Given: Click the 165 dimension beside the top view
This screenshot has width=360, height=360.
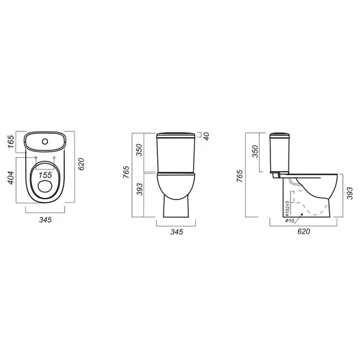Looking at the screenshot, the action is click(11, 141).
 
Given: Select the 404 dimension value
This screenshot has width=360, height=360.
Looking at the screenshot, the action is click(11, 177).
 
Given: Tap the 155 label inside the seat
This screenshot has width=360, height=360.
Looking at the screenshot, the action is click(45, 175).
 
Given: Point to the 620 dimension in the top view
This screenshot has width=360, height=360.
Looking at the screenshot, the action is click(81, 164).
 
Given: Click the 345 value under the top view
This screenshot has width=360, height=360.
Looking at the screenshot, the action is click(45, 220).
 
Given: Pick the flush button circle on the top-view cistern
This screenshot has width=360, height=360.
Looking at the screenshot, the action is click(45, 141).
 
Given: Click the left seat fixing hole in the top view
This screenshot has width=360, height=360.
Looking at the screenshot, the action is click(36, 157).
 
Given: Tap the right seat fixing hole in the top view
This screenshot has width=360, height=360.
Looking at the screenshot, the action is click(54, 157).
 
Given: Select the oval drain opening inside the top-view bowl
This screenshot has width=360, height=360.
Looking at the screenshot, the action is click(45, 186).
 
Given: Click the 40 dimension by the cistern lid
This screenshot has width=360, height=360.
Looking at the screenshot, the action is click(207, 136).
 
